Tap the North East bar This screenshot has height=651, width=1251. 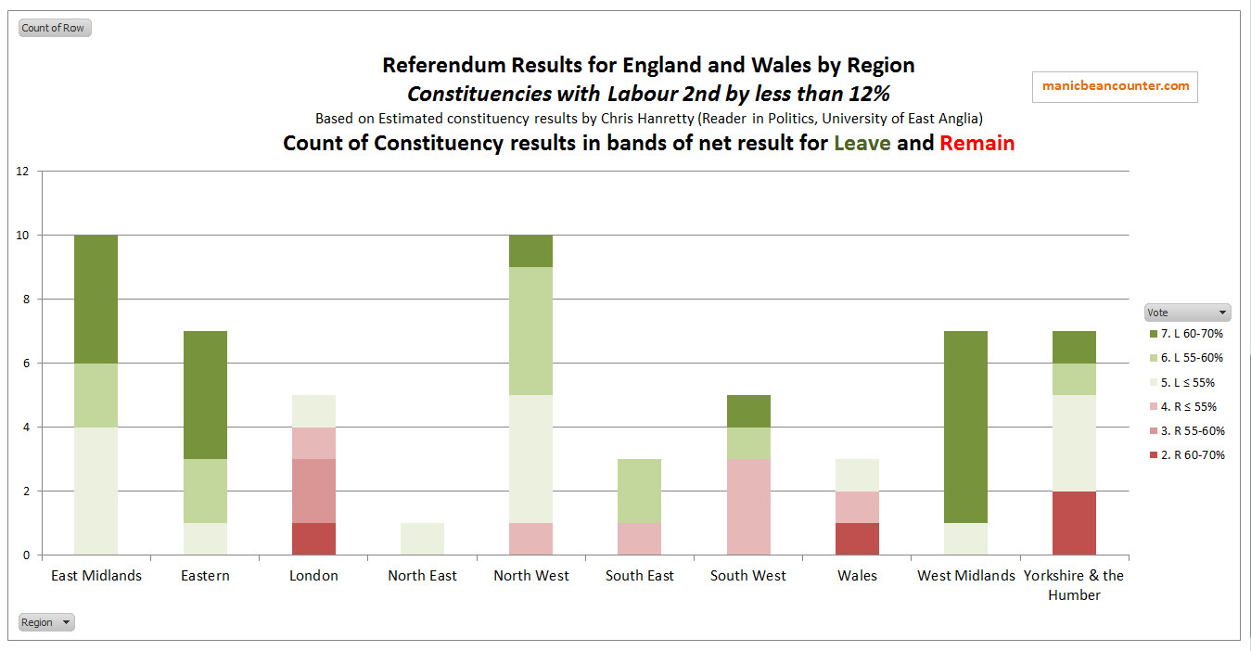click(422, 539)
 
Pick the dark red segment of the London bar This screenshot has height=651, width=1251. click(313, 539)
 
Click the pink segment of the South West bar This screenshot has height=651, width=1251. click(748, 506)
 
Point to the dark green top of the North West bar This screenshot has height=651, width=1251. click(531, 251)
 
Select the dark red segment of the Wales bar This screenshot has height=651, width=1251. click(857, 539)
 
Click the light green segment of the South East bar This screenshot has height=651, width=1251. click(640, 491)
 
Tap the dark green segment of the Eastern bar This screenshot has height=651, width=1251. click(205, 394)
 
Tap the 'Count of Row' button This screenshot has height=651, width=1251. click(54, 28)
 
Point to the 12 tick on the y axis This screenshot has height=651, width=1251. click(23, 172)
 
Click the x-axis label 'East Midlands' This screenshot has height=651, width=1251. click(96, 576)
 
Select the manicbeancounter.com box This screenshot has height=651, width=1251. click(1115, 86)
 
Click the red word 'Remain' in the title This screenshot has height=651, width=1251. click(977, 143)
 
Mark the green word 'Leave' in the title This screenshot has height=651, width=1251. click(862, 143)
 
